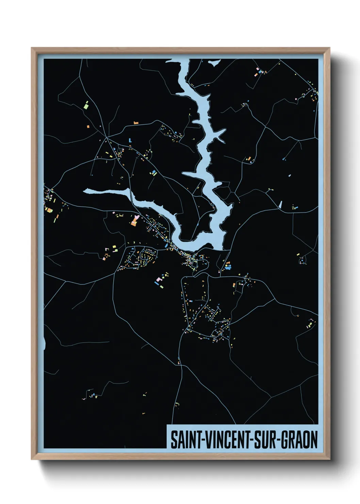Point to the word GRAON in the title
coord(299,440)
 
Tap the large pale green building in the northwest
coord(86,105)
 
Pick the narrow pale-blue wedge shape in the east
coord(280,204)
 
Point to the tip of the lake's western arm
coord(86,191)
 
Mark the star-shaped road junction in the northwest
coord(106,140)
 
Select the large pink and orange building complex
coord(134,221)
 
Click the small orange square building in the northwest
coord(88,126)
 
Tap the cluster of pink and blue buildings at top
coord(260,72)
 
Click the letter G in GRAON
coord(285,440)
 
